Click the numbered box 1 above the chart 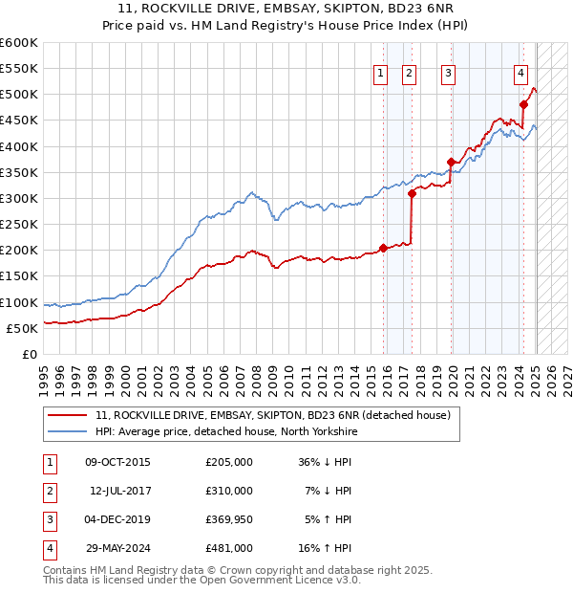pos(380,74)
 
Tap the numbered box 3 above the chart pos(448,74)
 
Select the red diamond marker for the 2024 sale pos(524,104)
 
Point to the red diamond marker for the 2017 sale pos(412,193)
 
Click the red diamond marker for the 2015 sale pos(383,248)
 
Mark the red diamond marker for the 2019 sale pos(451,162)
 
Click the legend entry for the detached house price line pos(265,415)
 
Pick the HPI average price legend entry pos(225,431)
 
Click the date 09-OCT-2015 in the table pos(117,462)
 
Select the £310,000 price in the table pos(229,491)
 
